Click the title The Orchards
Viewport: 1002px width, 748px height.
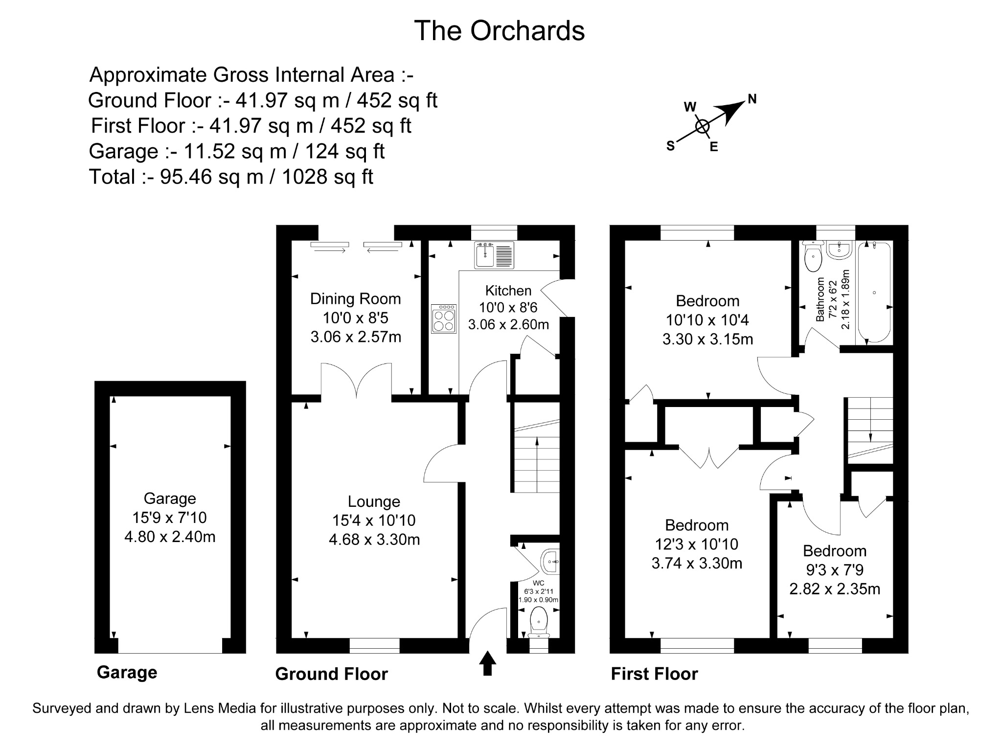499,31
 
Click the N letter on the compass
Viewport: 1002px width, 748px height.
752,99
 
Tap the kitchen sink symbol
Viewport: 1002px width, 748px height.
494,255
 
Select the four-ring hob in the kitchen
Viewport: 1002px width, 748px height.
444,318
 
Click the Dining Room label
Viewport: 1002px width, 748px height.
355,298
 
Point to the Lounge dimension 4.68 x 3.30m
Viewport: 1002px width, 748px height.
374,540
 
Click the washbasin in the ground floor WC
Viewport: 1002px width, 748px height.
550,561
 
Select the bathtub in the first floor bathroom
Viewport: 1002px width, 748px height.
874,292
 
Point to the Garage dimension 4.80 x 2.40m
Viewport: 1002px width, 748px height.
170,537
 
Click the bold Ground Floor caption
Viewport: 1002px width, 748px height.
331,674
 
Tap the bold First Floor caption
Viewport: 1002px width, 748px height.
654,674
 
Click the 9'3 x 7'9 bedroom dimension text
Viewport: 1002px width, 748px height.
835,570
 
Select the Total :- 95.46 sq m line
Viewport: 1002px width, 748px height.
231,177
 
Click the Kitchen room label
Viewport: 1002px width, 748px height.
508,291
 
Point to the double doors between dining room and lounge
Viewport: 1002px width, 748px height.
356,380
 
